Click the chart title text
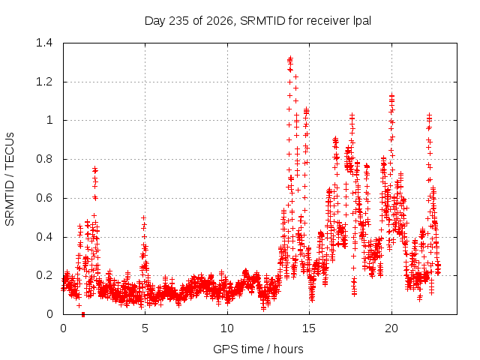coord(258,21)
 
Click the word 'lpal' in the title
coord(362,21)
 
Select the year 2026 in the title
coord(220,21)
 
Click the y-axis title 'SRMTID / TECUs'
coord(10,179)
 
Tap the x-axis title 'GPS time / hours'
coord(258,349)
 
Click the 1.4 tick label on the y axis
coord(44,43)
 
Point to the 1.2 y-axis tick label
coord(44,82)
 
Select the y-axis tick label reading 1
coord(49,120)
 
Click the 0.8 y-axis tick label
coord(44,159)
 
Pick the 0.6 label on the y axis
coord(44,198)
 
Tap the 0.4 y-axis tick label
coord(44,237)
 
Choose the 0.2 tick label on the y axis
coord(44,275)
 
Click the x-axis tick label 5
coord(145,328)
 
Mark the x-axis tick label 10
coord(227,328)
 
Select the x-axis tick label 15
coord(309,328)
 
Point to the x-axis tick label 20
coord(391,328)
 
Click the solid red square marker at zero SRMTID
coord(83,314)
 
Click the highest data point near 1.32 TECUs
coord(290,58)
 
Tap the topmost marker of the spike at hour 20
coord(391,96)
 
